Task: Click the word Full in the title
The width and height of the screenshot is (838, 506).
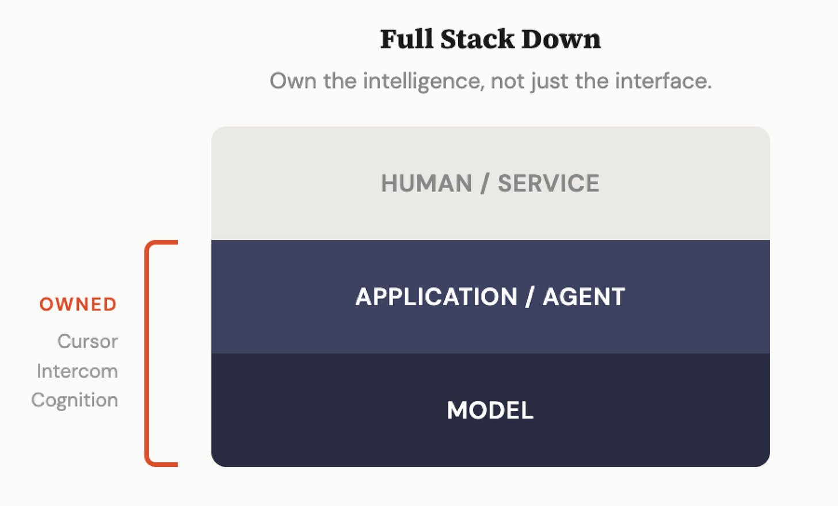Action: [x=406, y=39]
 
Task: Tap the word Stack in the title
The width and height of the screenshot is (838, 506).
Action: [x=477, y=39]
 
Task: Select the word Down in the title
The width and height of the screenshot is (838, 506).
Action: [x=561, y=39]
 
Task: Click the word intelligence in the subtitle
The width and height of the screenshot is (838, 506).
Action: [x=422, y=81]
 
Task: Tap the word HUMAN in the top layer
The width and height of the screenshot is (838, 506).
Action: [x=426, y=183]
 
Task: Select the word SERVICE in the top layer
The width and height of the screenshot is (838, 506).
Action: [x=548, y=183]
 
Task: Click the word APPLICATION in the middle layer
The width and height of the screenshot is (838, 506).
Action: [x=436, y=297]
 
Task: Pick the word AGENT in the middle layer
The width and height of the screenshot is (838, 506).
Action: [x=584, y=297]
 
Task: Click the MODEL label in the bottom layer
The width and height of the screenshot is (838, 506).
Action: [x=490, y=410]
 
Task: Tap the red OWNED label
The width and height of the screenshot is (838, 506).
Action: [x=78, y=304]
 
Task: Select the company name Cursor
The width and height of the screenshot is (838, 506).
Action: [x=87, y=342]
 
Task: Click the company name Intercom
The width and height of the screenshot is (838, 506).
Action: [x=77, y=371]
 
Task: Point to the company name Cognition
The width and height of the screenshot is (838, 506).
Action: [x=74, y=400]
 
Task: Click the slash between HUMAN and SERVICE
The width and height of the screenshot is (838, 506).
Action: [x=485, y=183]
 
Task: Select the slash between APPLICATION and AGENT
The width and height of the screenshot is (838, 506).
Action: [x=530, y=297]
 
